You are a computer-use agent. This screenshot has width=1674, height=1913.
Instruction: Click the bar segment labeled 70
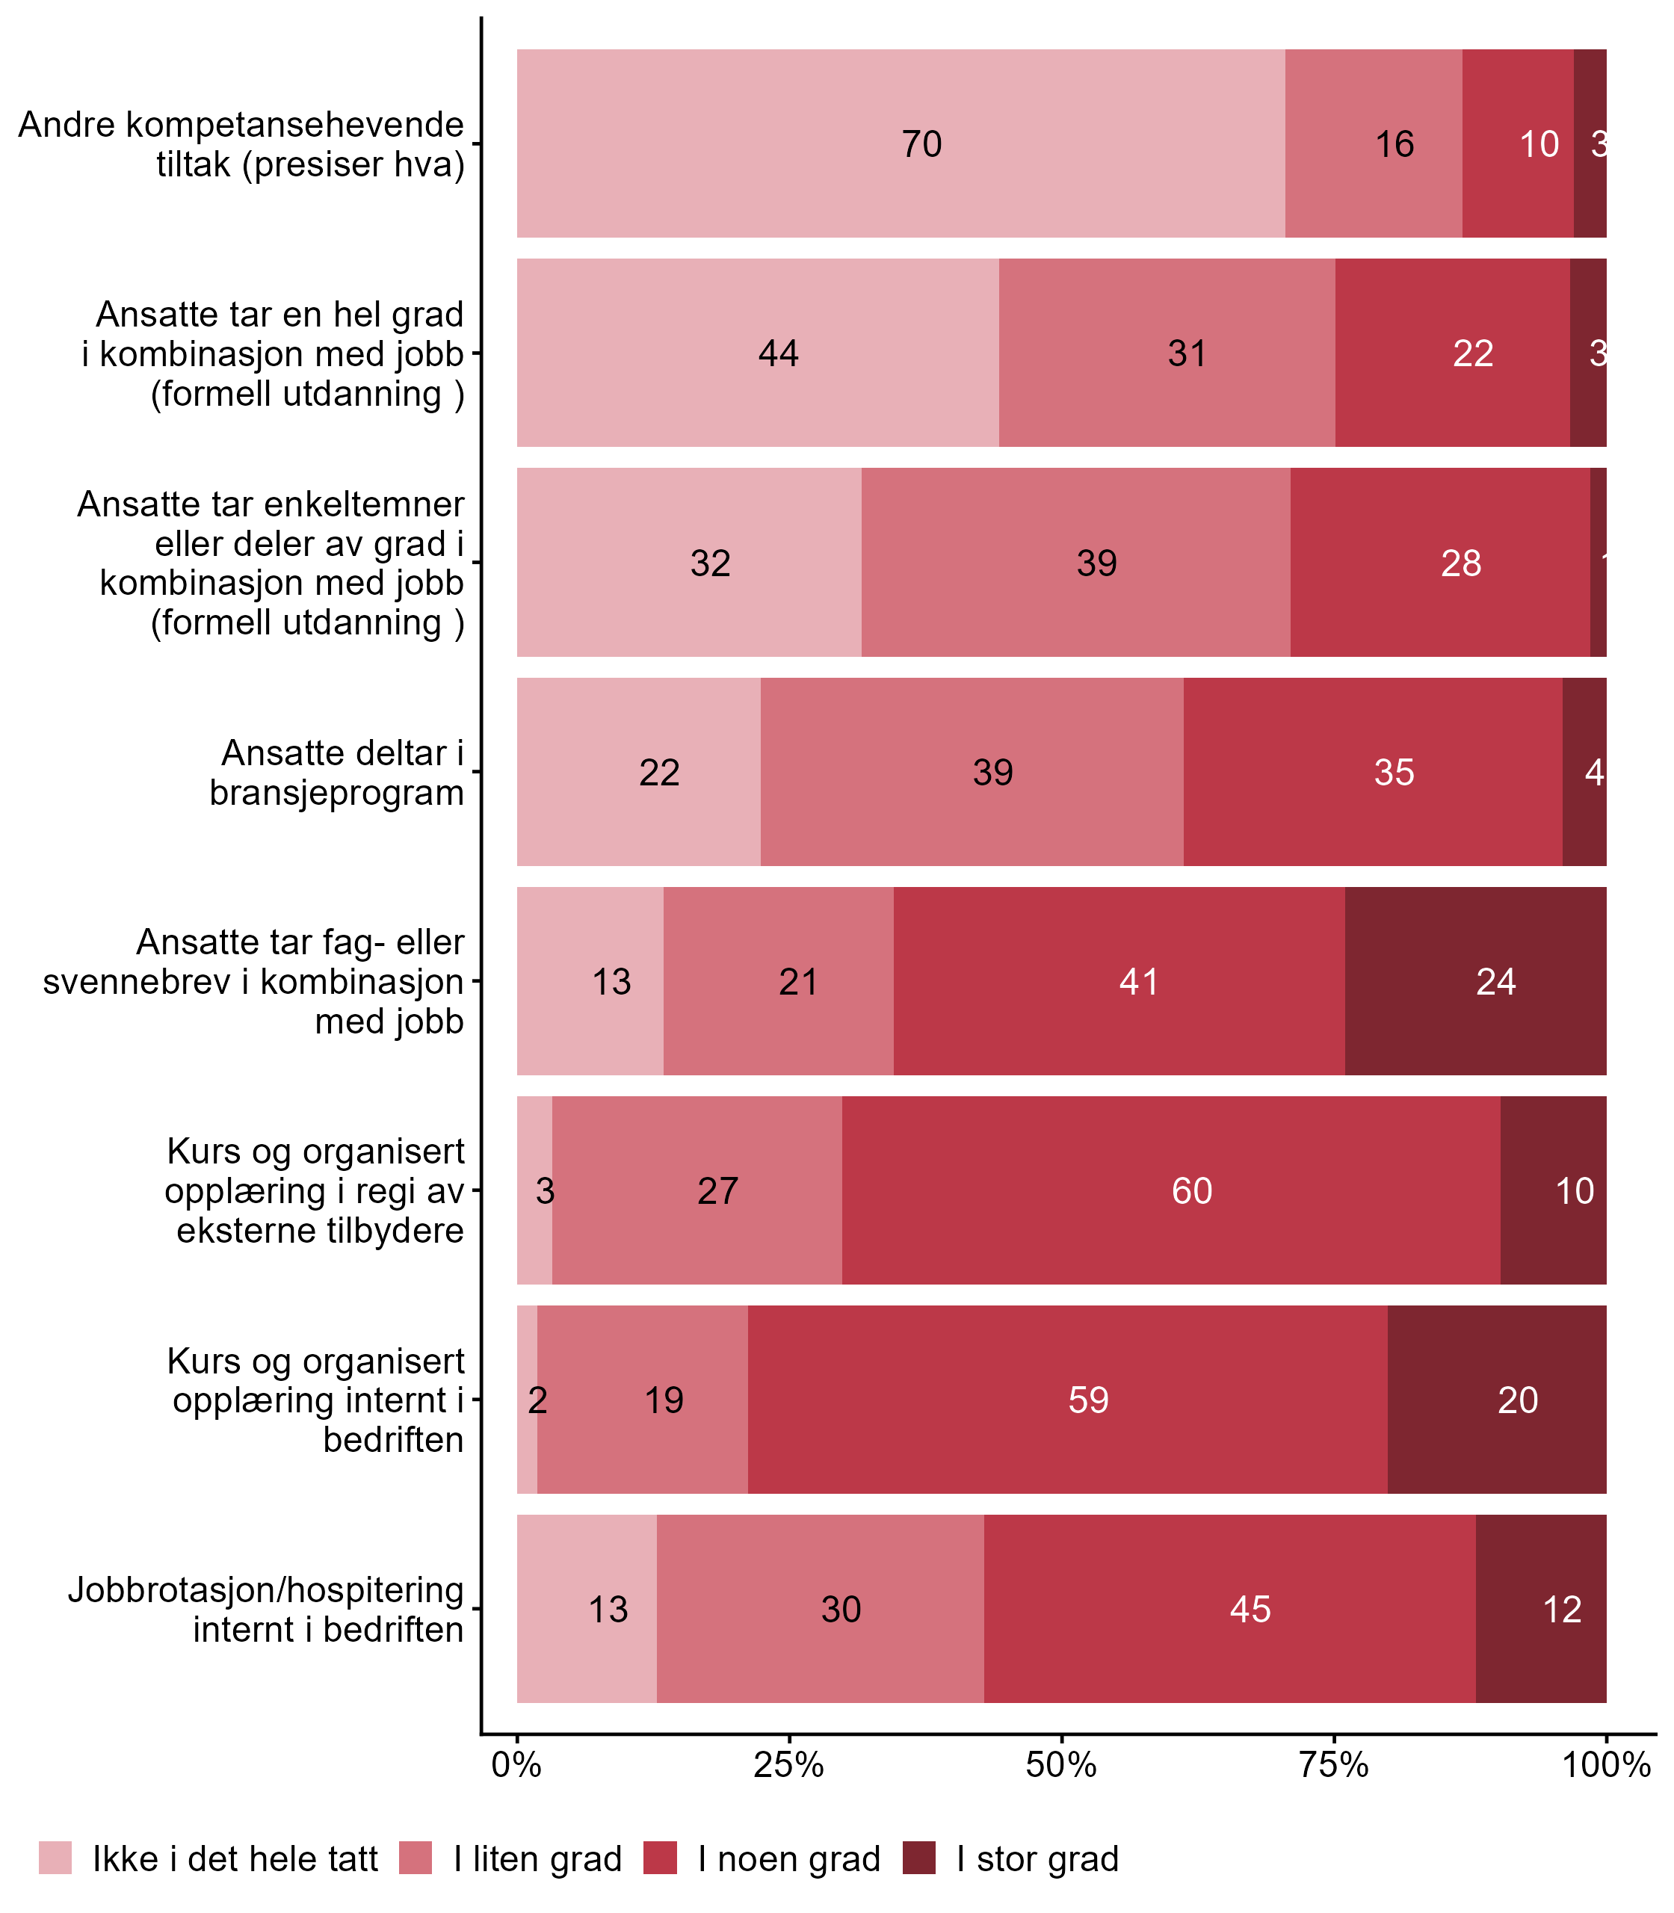[x=901, y=143]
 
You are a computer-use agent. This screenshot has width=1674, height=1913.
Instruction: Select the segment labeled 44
[x=758, y=353]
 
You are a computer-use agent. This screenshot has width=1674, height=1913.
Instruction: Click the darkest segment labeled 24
[x=1475, y=980]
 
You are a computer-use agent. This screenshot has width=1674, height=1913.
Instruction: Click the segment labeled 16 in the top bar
[x=1374, y=143]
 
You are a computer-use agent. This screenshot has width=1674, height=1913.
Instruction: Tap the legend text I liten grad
[x=537, y=1859]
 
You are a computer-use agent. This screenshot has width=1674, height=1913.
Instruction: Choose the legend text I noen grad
[x=788, y=1859]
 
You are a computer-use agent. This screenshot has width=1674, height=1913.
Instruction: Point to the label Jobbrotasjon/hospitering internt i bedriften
[x=266, y=1610]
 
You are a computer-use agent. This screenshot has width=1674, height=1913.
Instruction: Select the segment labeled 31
[x=1167, y=353]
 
